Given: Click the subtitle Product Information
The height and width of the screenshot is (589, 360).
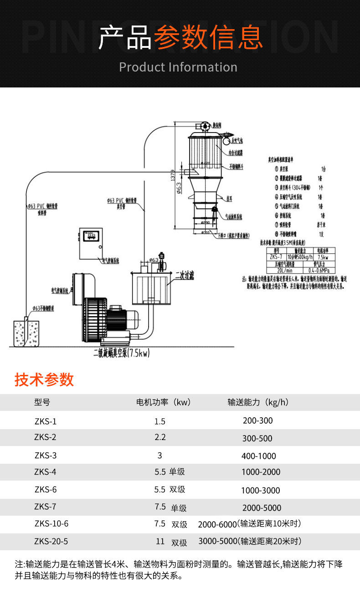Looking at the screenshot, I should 178,67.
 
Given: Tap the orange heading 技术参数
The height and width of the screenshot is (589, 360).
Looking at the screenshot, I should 44,379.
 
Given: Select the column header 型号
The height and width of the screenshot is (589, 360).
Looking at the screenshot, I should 42,402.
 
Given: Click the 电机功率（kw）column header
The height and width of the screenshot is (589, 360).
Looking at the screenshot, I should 163,402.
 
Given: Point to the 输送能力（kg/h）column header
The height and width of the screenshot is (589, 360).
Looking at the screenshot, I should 258,402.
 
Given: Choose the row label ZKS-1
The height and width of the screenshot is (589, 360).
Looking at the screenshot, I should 45,421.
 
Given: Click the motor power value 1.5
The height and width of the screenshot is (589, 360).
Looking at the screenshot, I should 160,421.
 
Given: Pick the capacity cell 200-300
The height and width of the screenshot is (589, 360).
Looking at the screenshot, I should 257,420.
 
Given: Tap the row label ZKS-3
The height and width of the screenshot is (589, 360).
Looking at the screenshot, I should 45,455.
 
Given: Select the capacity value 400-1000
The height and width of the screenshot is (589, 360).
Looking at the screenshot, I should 258,456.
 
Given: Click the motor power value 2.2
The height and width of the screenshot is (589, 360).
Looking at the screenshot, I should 160,437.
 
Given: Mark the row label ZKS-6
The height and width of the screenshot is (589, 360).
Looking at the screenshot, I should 45,490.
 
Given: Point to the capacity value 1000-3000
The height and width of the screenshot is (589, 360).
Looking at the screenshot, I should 260,491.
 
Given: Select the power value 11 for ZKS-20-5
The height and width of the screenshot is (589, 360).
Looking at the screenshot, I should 160,542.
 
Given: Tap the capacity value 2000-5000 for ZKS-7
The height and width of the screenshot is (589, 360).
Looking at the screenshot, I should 262,508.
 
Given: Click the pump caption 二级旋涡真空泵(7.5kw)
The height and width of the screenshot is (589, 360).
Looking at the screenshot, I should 121,353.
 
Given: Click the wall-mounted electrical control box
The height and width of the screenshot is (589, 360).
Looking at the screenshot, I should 90,246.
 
